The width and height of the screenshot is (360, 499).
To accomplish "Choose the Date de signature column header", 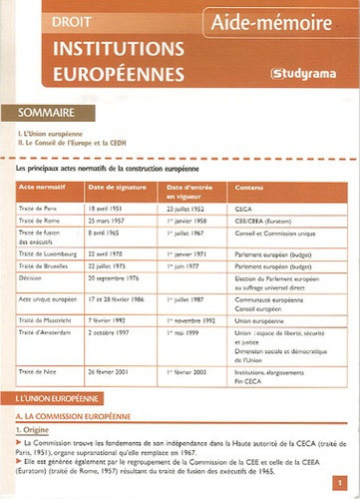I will tap(116, 187).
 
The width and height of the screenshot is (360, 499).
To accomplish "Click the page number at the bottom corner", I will tap(341, 482).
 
